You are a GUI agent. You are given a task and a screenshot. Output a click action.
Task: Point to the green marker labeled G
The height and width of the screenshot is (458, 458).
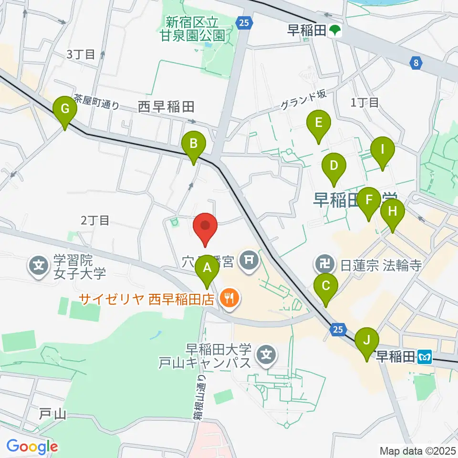tap(64, 111)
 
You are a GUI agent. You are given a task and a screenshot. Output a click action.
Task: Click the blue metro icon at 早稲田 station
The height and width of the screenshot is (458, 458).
tap(425, 355)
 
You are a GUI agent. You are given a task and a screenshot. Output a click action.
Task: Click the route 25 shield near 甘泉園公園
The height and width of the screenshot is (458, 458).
tap(244, 22)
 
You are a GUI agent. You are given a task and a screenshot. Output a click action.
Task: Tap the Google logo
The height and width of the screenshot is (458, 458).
tap(32, 447)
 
